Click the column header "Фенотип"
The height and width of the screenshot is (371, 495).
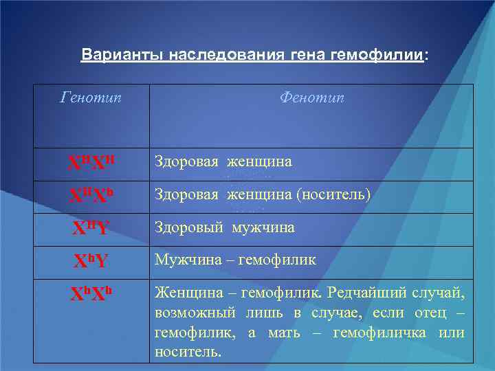311,98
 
